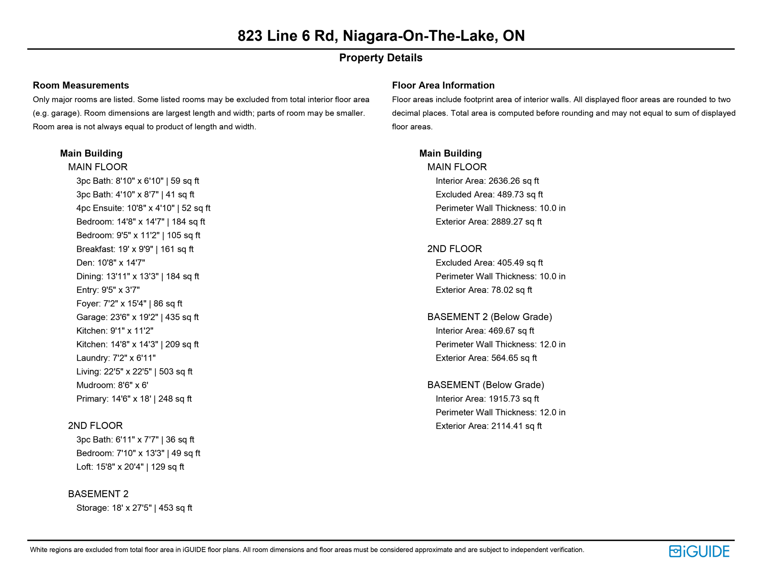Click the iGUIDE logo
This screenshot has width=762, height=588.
point(699,551)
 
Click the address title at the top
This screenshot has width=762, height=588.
point(381,36)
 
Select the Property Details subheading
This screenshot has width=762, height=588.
point(381,58)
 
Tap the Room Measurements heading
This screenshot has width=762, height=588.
point(81,85)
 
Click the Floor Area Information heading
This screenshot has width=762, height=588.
point(443,85)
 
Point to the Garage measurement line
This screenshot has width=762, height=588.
point(137,317)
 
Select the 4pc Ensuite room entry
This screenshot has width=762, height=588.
point(143,208)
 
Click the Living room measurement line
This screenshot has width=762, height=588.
point(134,372)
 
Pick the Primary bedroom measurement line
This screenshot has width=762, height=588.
point(134,399)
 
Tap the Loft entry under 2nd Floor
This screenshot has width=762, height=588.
point(130,467)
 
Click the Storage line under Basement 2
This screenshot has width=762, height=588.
point(134,508)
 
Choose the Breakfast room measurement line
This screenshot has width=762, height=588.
point(135,249)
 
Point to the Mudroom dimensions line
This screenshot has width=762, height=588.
point(112,385)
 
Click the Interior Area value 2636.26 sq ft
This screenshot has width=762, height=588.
point(487,181)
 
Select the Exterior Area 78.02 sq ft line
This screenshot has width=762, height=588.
point(484,290)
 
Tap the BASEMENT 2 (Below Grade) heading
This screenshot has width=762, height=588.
point(489,317)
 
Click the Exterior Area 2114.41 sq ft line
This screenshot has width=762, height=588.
point(489,426)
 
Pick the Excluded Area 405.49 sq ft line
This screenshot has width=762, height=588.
point(489,263)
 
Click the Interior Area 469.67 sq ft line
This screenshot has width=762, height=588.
point(485,331)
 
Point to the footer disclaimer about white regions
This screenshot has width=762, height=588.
point(307,550)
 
